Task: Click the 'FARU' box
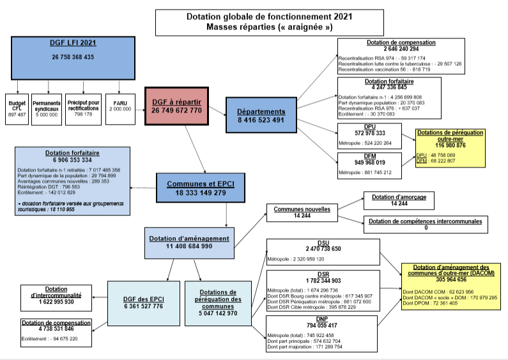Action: tap(120, 106)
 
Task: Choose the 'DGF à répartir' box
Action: tap(176, 106)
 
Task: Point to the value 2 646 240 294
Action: tap(401, 49)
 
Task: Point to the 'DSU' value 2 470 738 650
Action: tap(323, 249)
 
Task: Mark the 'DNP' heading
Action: tap(323, 318)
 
